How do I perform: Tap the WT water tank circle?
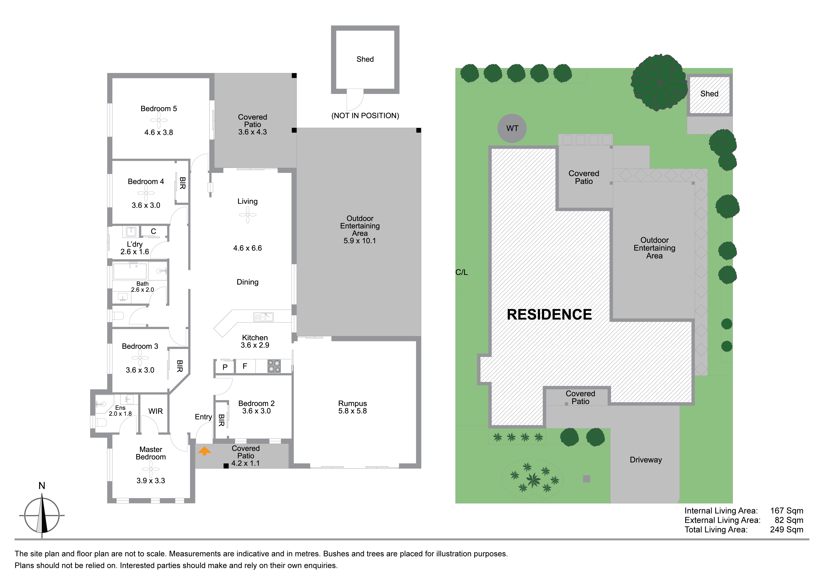[512, 128]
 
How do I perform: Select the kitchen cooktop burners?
[274, 366]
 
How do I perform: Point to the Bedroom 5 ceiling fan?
[159, 120]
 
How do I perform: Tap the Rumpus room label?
[352, 403]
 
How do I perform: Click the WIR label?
[155, 411]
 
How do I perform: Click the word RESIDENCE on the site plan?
[549, 314]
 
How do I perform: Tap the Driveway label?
[646, 460]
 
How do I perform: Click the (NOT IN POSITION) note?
[365, 115]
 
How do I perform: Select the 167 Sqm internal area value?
[787, 511]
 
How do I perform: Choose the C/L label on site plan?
[462, 272]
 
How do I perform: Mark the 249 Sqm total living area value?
[787, 530]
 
